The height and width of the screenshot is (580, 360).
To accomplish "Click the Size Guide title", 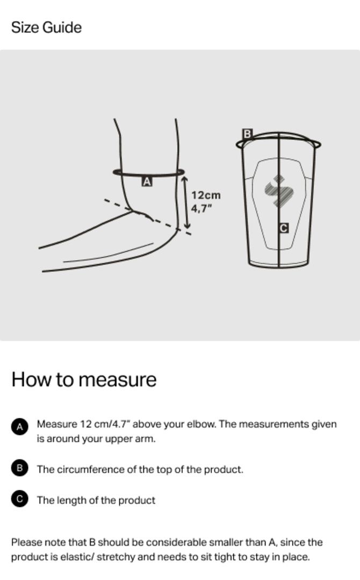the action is (x=46, y=28).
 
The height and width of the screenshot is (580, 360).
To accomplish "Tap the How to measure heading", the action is (x=84, y=380).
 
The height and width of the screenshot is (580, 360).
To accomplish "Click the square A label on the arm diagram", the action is (x=147, y=182).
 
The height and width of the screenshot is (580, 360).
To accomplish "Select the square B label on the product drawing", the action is (x=247, y=134).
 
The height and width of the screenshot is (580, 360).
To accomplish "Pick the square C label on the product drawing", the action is (x=283, y=228).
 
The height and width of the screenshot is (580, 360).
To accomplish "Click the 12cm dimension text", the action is (x=206, y=195).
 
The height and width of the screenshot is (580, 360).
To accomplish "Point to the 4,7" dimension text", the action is (x=201, y=208).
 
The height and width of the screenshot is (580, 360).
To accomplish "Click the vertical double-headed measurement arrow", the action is (x=186, y=202).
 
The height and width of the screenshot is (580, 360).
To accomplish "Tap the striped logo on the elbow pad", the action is (x=279, y=191).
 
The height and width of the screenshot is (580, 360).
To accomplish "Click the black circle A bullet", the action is (x=19, y=427).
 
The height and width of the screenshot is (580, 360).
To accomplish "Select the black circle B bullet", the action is (x=19, y=468).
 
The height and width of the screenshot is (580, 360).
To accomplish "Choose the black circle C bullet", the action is (x=19, y=499).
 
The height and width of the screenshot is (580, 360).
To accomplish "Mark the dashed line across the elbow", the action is (x=148, y=217).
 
